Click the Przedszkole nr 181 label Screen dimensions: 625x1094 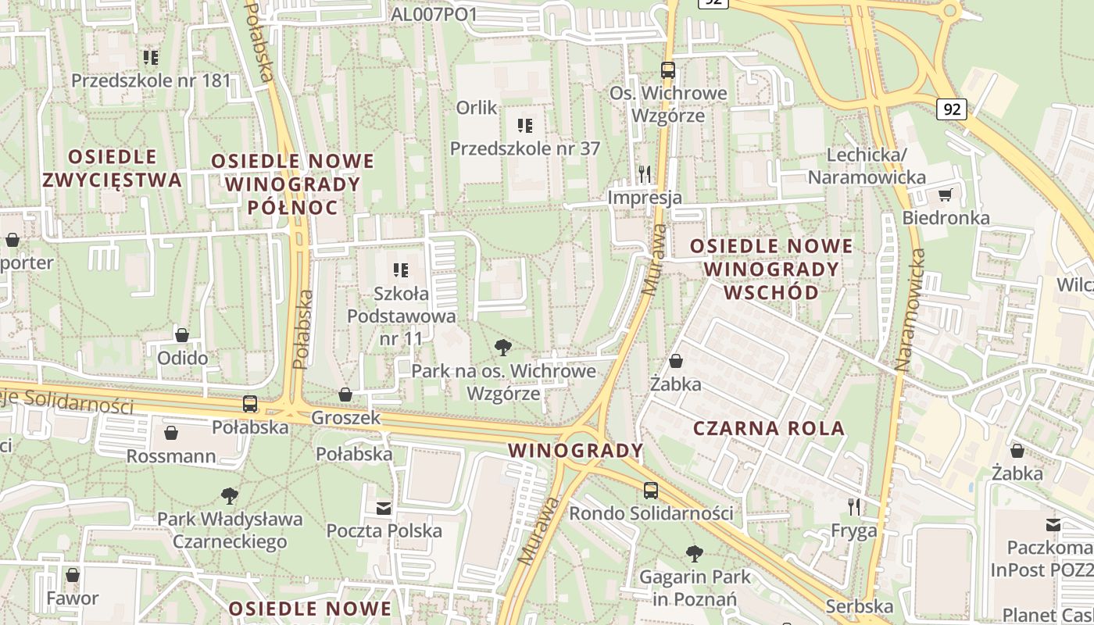click(152, 80)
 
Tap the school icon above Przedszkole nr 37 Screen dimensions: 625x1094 click(525, 125)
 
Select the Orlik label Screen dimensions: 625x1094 click(477, 108)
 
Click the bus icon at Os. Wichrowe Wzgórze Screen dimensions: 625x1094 click(668, 70)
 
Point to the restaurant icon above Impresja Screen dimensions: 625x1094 click(645, 173)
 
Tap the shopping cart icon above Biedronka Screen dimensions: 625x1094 click(946, 194)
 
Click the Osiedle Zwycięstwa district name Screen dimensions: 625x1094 click(112, 169)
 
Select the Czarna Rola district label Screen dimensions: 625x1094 click(769, 428)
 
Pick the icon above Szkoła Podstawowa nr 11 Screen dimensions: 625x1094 click(401, 270)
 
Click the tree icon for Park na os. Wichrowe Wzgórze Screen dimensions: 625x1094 click(504, 347)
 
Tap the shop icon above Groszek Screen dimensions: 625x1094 click(345, 395)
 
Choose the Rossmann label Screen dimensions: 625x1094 click(171, 455)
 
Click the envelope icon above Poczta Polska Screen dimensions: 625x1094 click(384, 508)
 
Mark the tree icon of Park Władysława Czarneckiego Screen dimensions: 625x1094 click(229, 495)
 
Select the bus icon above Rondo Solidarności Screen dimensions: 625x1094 click(651, 491)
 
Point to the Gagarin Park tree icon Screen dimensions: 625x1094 click(695, 554)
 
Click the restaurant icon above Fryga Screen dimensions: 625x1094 click(854, 507)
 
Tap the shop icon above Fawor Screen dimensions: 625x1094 click(73, 575)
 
